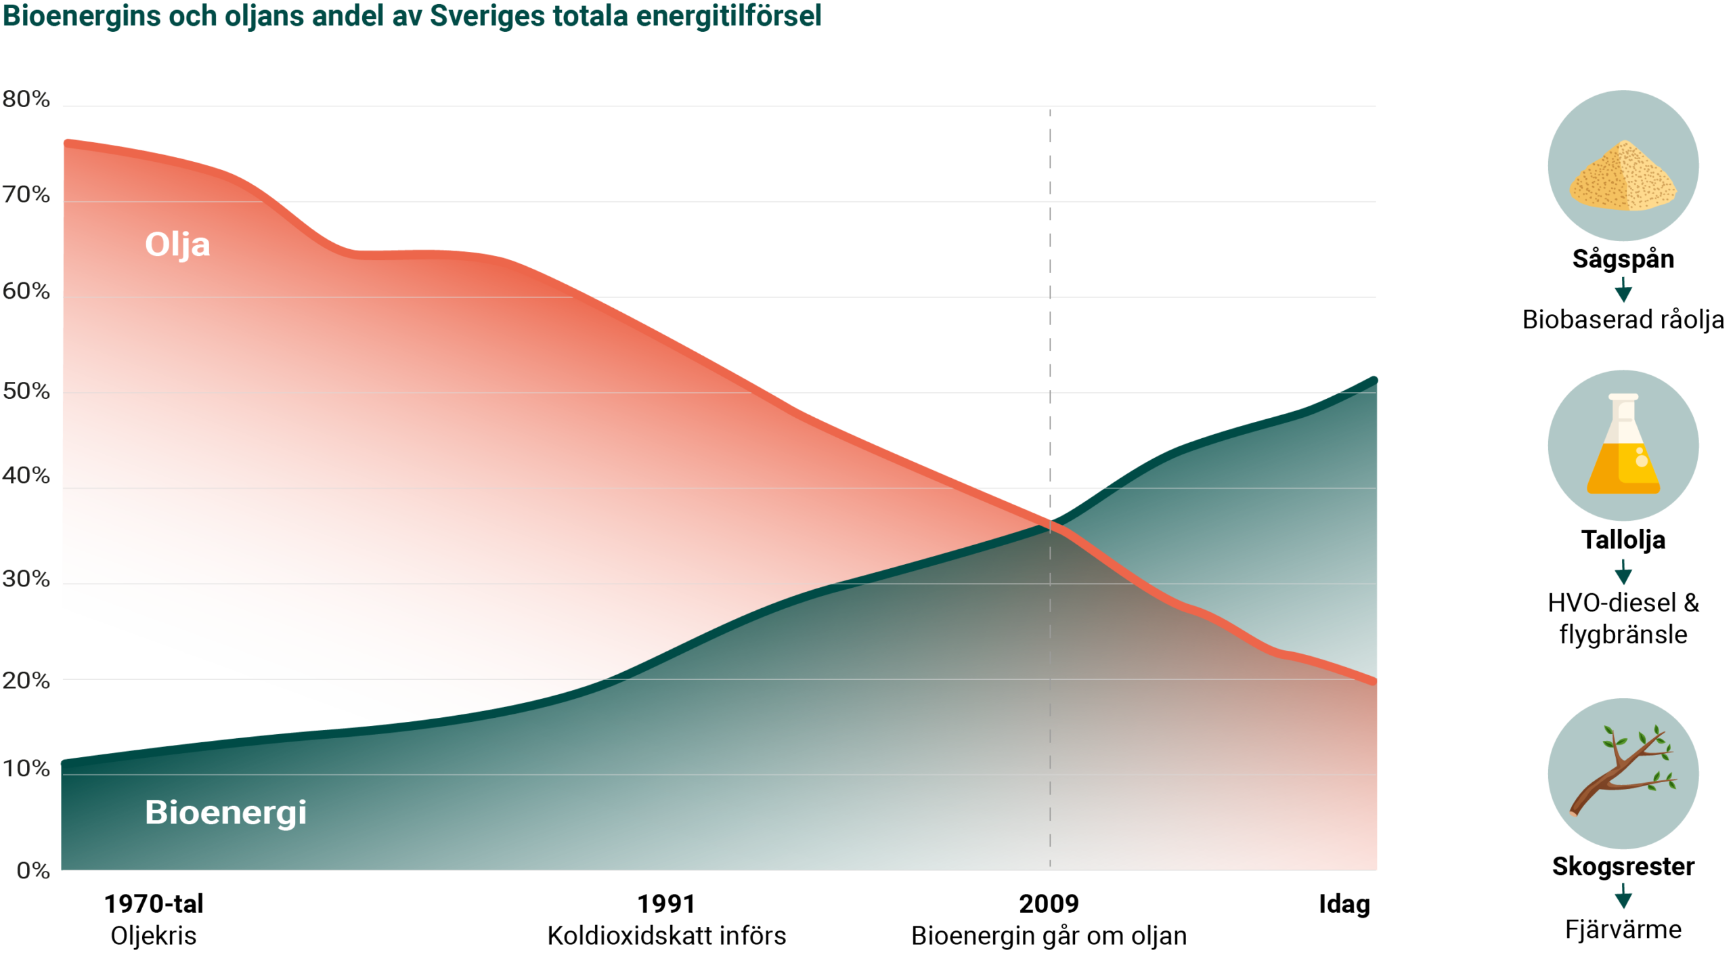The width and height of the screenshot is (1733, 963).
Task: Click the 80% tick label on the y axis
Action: pos(26,100)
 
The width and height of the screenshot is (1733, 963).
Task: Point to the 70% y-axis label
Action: pos(26,195)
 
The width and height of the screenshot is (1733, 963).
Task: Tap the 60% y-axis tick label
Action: pos(26,291)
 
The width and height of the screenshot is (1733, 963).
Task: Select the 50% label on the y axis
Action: pos(26,391)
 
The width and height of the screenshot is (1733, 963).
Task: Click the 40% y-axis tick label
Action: pos(26,475)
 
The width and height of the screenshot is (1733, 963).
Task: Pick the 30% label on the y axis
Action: pos(26,579)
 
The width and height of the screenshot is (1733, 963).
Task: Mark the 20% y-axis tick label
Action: pos(26,681)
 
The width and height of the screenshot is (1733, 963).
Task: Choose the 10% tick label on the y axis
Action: pos(26,769)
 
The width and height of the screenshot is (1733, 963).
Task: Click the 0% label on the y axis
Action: pos(33,870)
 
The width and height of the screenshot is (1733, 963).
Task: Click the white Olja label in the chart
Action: pos(177,244)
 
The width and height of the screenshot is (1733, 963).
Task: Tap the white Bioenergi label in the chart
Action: pos(225,812)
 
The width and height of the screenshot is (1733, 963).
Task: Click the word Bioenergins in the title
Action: pos(81,16)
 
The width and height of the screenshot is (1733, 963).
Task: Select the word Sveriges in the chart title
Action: pos(486,16)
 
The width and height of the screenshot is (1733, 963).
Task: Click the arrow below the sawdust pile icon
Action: pos(1623,291)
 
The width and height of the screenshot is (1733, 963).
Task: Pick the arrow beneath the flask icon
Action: pos(1623,573)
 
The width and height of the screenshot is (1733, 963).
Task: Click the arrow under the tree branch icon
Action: pos(1623,897)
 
